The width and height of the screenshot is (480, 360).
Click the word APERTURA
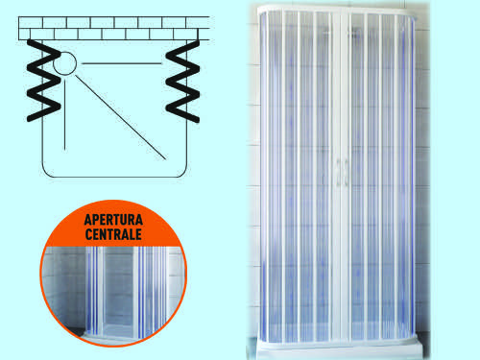pos(113,220)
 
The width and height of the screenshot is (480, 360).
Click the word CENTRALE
pos(113,234)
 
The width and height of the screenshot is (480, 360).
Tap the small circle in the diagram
pos(64,63)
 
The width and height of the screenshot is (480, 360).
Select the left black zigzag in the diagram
pos(43,80)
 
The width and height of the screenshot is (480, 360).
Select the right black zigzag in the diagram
pos(182,82)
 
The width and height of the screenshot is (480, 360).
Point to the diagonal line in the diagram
pos(121,117)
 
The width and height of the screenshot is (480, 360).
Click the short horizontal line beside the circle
pos(122,63)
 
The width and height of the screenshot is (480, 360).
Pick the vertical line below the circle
pos(65,114)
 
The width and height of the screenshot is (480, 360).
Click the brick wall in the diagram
pos(114,28)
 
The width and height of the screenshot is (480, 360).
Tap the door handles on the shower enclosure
pos(341,173)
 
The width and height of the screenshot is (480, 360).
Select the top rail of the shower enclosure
pos(338,9)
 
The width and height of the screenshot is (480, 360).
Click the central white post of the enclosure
pos(342,176)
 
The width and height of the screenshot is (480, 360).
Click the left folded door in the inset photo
pos(94,290)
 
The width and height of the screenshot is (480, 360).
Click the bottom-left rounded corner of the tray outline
pos(46,173)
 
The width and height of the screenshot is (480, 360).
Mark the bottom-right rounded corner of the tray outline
pos(182,173)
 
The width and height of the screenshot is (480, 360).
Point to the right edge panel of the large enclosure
pos(410,176)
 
